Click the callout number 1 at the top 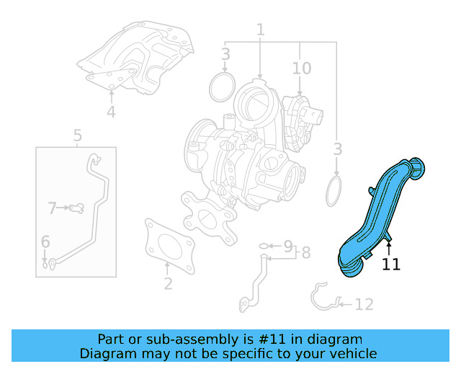point(260,30)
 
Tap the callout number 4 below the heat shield point(111,112)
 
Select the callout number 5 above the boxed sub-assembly point(77,135)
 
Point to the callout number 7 point(52,208)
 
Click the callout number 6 point(45,242)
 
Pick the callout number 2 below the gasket point(168,283)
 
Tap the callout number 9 point(287,246)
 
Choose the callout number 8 point(305,252)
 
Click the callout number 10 point(301,68)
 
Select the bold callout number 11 point(390,264)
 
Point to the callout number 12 point(364,304)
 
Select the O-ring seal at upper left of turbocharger point(220,88)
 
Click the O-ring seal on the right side point(334,192)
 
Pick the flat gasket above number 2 point(169,245)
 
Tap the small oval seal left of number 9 point(264,246)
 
